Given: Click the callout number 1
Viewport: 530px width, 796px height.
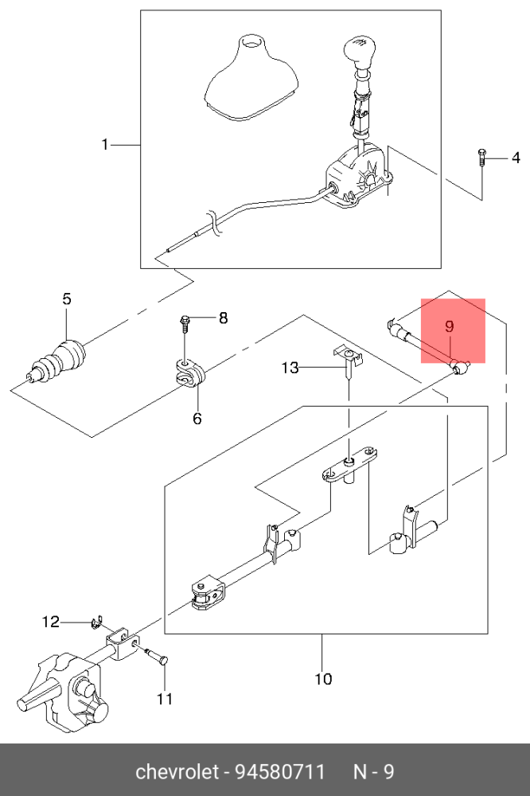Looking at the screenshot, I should tap(104, 145).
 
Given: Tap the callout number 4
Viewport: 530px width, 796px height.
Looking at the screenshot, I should tap(515, 158).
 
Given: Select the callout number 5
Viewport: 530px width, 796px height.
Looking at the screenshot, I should tap(67, 299).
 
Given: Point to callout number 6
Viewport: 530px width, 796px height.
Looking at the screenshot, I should tap(197, 418).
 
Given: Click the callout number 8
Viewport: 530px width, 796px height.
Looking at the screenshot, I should tap(223, 318).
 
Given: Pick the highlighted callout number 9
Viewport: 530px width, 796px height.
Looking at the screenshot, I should tap(449, 326).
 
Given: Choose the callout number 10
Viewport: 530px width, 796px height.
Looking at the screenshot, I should tap(323, 679).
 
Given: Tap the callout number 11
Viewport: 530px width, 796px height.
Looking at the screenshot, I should tap(164, 700).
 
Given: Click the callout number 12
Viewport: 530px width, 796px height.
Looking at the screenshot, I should tap(51, 622).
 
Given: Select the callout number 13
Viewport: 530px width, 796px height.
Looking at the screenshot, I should tap(290, 368).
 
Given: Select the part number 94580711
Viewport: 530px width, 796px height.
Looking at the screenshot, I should tap(279, 772).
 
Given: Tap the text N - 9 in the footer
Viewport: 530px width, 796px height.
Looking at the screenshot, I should tap(373, 772).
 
